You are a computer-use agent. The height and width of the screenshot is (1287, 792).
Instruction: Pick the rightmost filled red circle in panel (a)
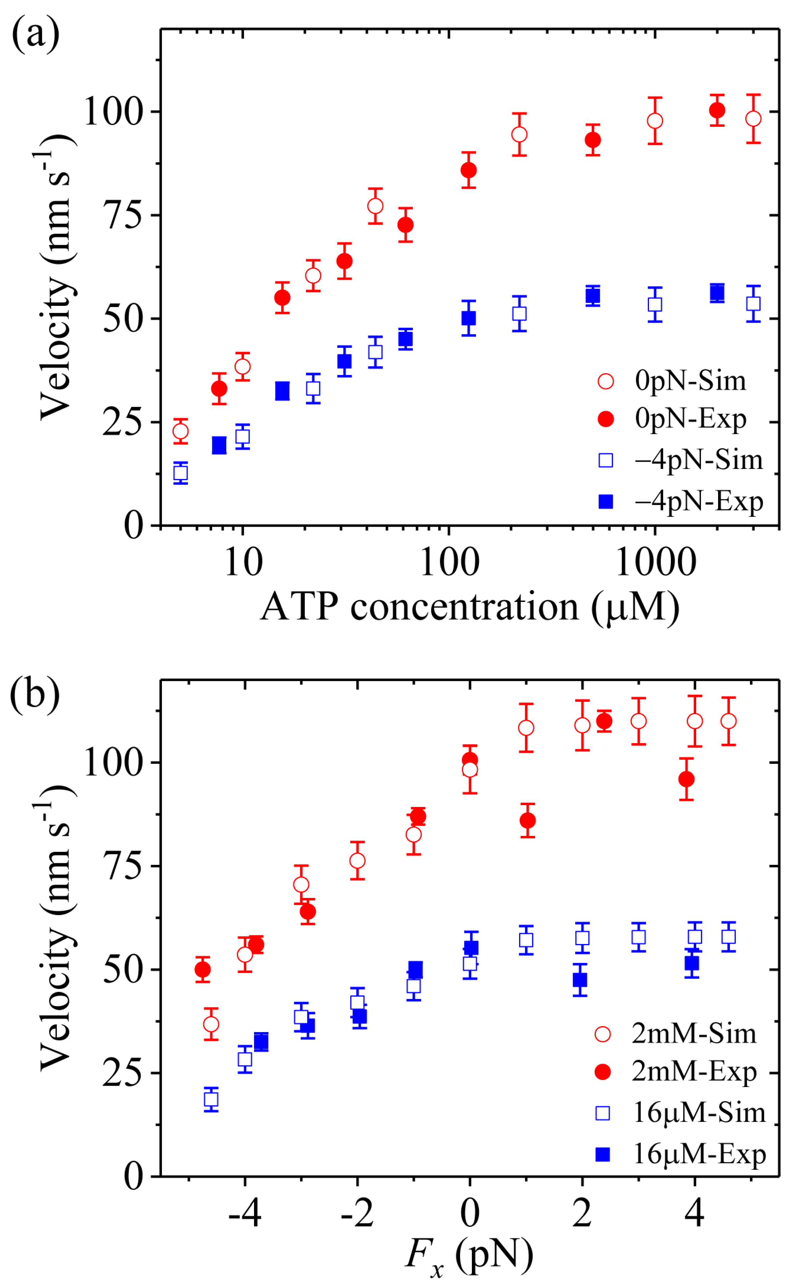click(x=717, y=111)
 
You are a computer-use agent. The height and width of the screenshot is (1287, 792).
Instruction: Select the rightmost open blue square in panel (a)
click(x=753, y=304)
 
